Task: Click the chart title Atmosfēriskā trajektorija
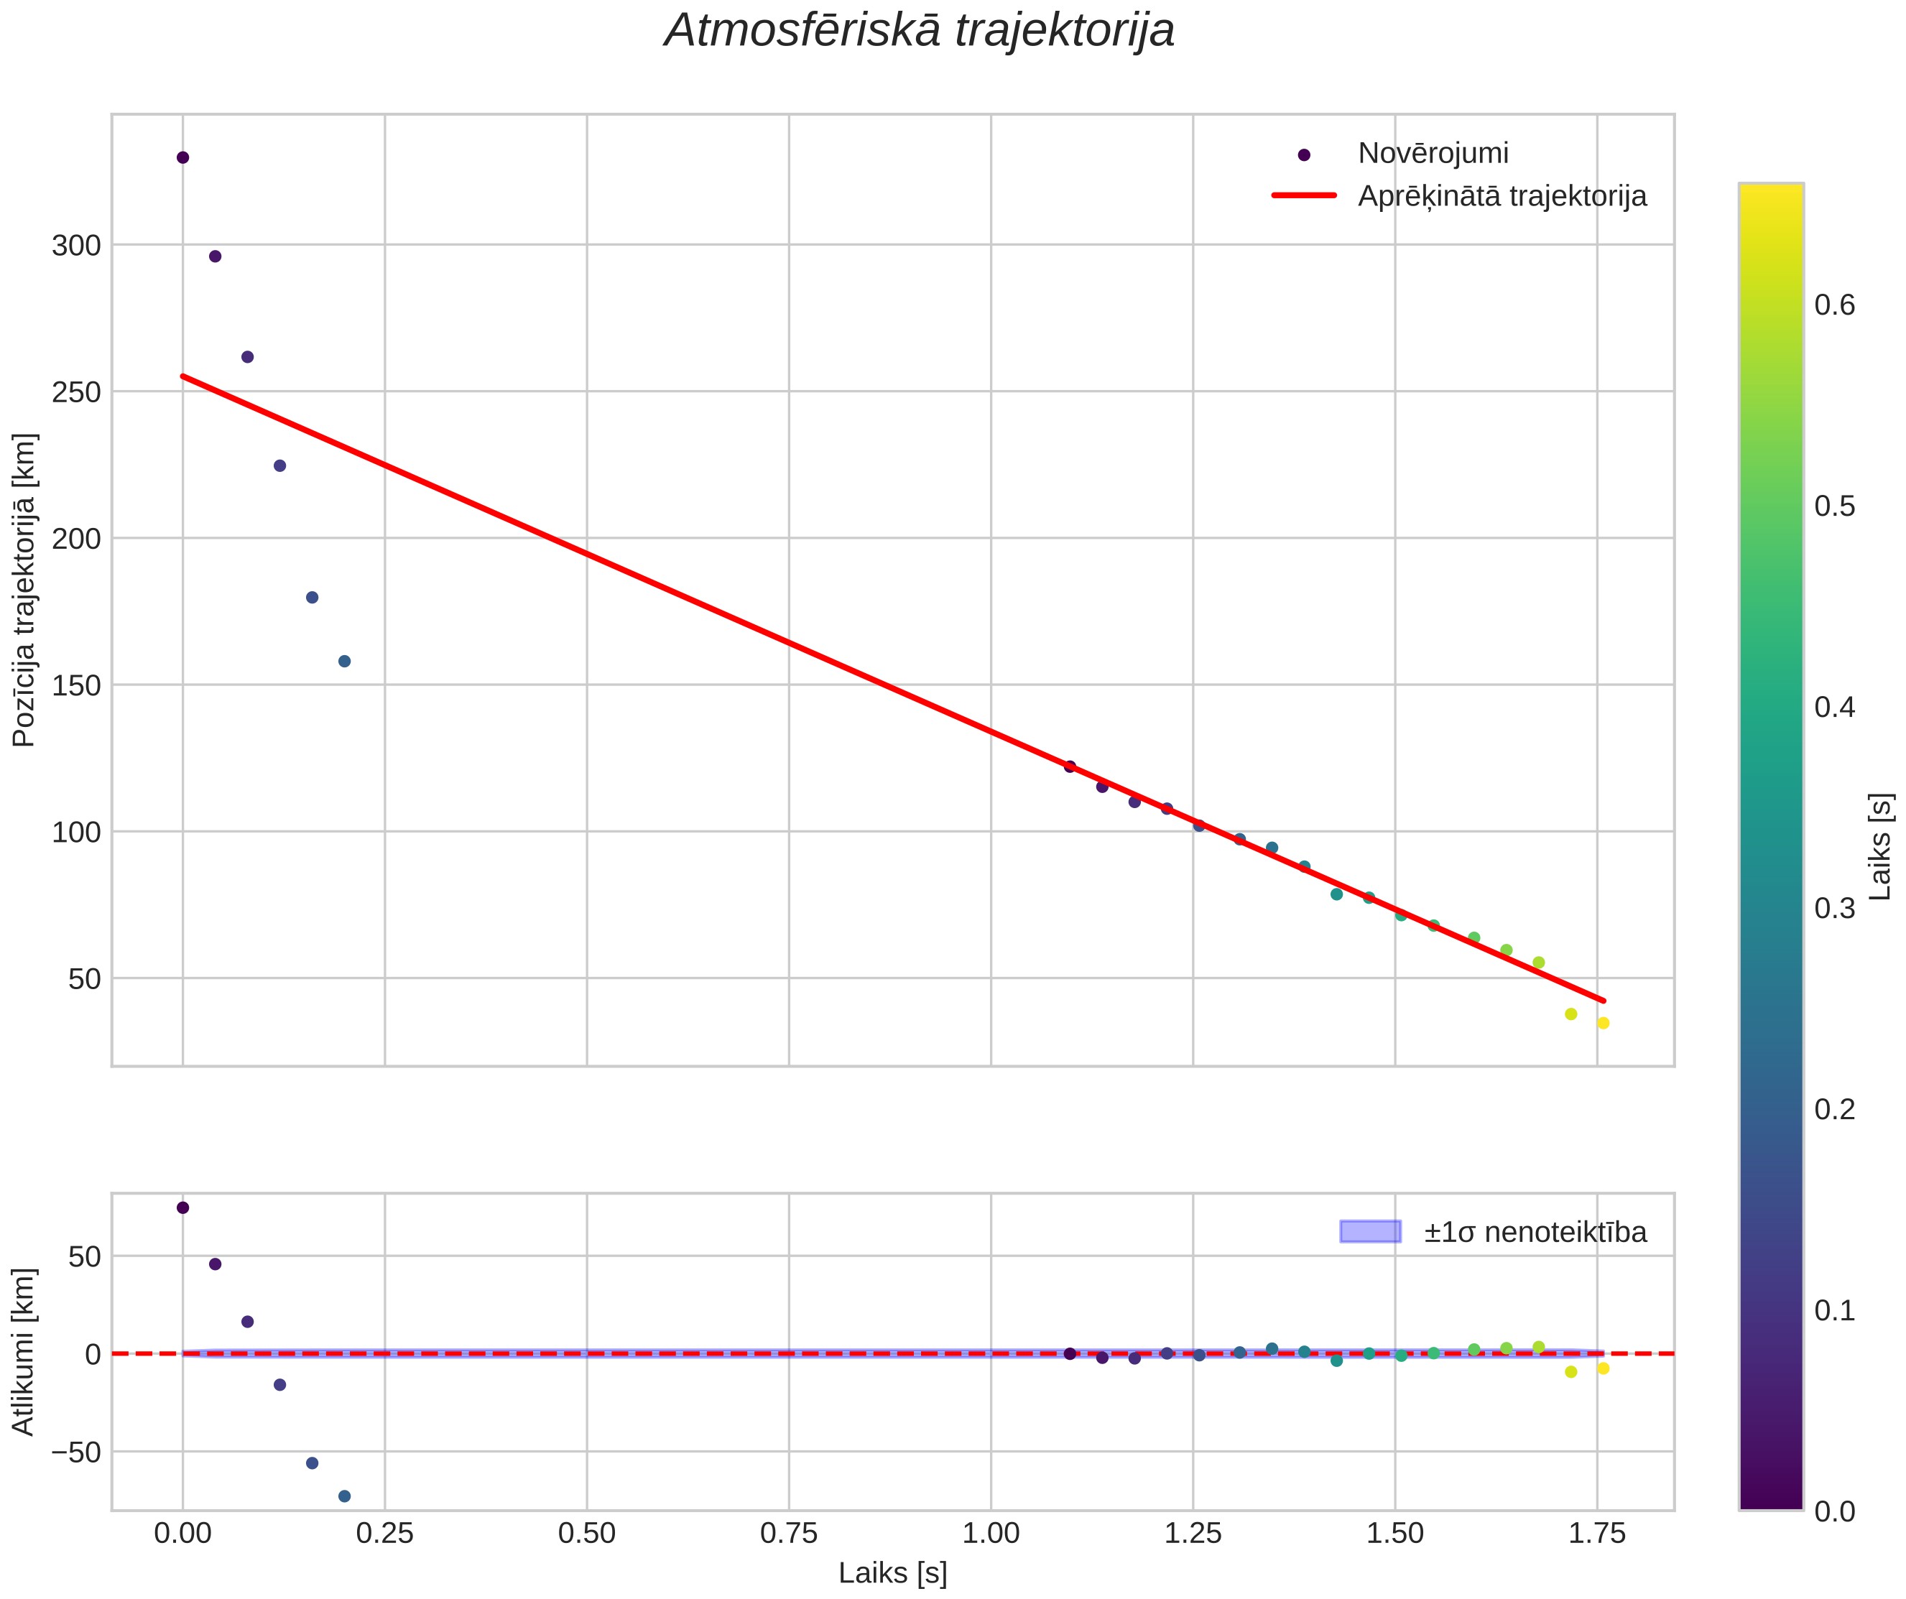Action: pyautogui.click(x=920, y=31)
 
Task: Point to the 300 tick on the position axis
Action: pyautogui.click(x=76, y=245)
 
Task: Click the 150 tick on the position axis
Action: pyautogui.click(x=76, y=685)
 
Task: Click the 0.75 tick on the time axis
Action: pyautogui.click(x=789, y=1534)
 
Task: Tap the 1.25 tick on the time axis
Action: pyautogui.click(x=1193, y=1534)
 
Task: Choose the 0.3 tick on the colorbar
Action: pyautogui.click(x=1834, y=909)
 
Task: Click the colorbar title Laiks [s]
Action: pyautogui.click(x=1882, y=848)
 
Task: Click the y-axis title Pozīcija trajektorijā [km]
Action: pyautogui.click(x=24, y=590)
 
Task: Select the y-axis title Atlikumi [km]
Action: pyautogui.click(x=24, y=1352)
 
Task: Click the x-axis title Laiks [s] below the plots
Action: pyautogui.click(x=893, y=1574)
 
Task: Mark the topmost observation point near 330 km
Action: pyautogui.click(x=182, y=158)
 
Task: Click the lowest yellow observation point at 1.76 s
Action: pyautogui.click(x=1603, y=1023)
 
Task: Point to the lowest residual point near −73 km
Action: pyautogui.click(x=344, y=1496)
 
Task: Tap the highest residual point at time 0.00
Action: pyautogui.click(x=182, y=1207)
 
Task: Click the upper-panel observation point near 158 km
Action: pyautogui.click(x=344, y=661)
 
